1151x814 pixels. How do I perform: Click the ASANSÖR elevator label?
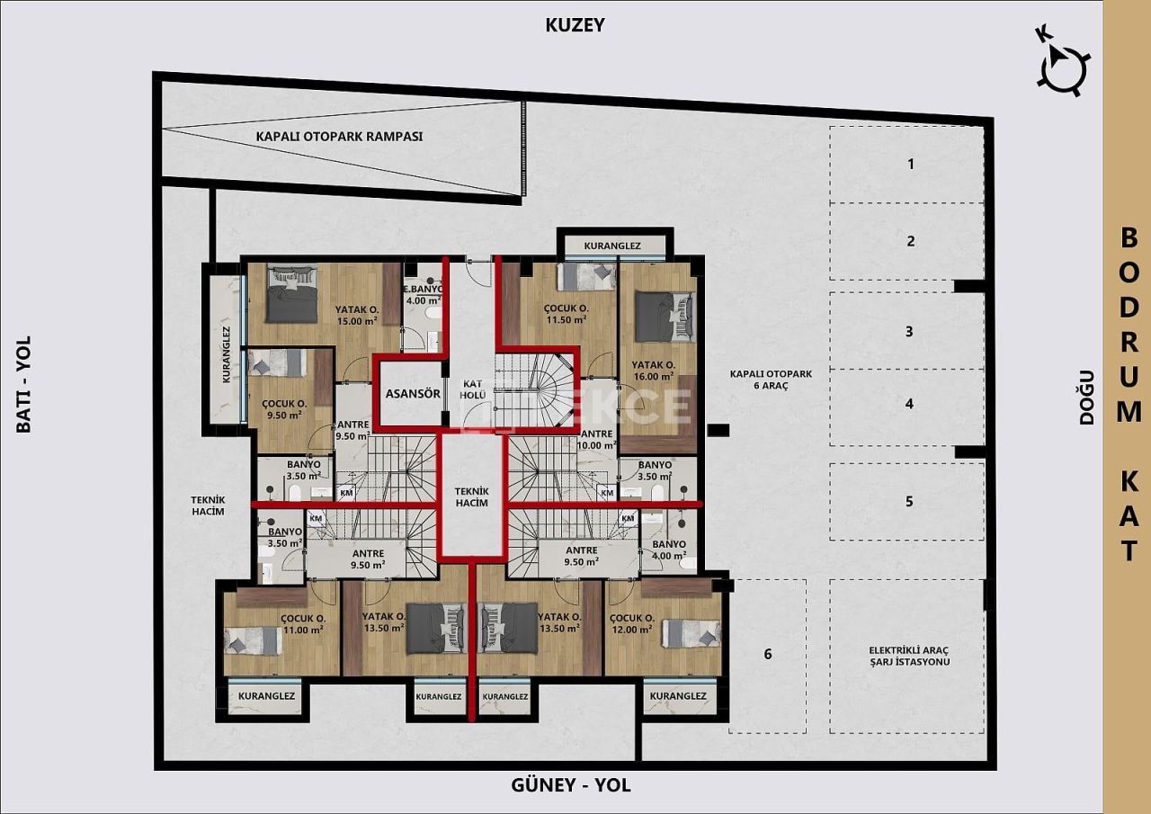click(x=413, y=394)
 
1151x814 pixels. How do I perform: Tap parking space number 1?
click(x=910, y=164)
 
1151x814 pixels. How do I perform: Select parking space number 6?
click(x=767, y=654)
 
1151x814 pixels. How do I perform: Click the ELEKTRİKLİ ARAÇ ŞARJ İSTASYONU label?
click(x=909, y=656)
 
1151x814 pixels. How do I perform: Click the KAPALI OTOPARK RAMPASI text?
click(x=339, y=137)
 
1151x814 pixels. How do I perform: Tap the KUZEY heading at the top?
click(x=575, y=25)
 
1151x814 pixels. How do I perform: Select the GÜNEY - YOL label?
click(x=571, y=785)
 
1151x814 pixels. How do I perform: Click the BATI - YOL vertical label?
click(x=24, y=384)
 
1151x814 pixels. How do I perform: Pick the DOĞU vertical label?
click(x=1086, y=397)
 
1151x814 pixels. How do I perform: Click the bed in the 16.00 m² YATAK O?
click(x=665, y=317)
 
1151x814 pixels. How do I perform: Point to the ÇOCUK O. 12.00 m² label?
click(x=632, y=624)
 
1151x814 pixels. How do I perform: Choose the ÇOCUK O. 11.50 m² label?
click(x=566, y=312)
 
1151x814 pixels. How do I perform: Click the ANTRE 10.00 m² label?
click(x=597, y=439)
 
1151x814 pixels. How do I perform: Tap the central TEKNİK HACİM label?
click(x=471, y=496)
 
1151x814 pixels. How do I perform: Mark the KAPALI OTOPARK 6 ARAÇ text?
click(x=760, y=379)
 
